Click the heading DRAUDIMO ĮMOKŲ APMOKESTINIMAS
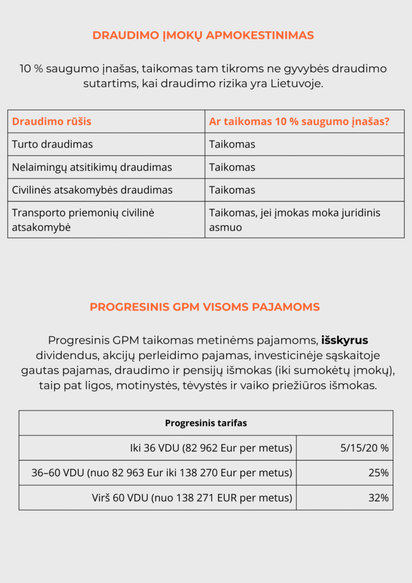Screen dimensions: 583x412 coord(203,35)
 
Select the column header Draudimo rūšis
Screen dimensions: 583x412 coord(52,121)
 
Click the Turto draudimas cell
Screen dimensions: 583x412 coord(52,144)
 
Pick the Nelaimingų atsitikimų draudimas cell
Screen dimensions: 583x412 coord(92,167)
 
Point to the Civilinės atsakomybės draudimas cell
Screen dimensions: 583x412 coord(92,190)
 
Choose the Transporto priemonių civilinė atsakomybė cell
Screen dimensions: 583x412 coord(83,219)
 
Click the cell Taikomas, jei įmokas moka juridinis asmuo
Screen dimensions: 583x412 coord(295,219)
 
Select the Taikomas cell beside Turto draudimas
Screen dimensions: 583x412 coord(232,144)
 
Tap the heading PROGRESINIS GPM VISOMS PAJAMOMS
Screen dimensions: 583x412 coord(205,307)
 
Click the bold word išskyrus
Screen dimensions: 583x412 coord(345,340)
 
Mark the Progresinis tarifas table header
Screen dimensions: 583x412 coord(206,423)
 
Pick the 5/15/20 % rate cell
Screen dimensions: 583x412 coord(364,448)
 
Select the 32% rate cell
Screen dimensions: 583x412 coord(378,498)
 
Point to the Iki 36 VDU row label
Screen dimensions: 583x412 coord(211,448)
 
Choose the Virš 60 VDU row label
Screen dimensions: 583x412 coord(193,498)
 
